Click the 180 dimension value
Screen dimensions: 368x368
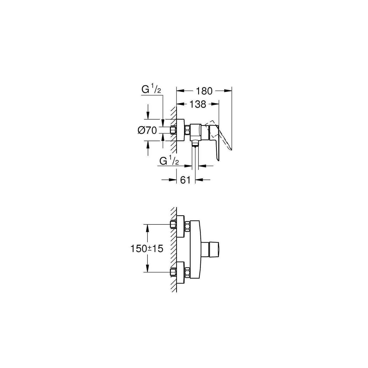(204, 91)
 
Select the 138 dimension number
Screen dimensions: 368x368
(198, 104)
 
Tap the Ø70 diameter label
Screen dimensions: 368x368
(147, 131)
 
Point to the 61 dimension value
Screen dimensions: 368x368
(185, 180)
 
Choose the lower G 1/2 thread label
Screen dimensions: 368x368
(169, 161)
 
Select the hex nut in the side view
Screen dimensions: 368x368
(187, 131)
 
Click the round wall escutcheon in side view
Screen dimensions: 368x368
(181, 131)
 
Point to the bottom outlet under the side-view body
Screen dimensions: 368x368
(195, 144)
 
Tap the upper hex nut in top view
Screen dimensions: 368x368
(187, 227)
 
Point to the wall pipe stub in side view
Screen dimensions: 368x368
(173, 130)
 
